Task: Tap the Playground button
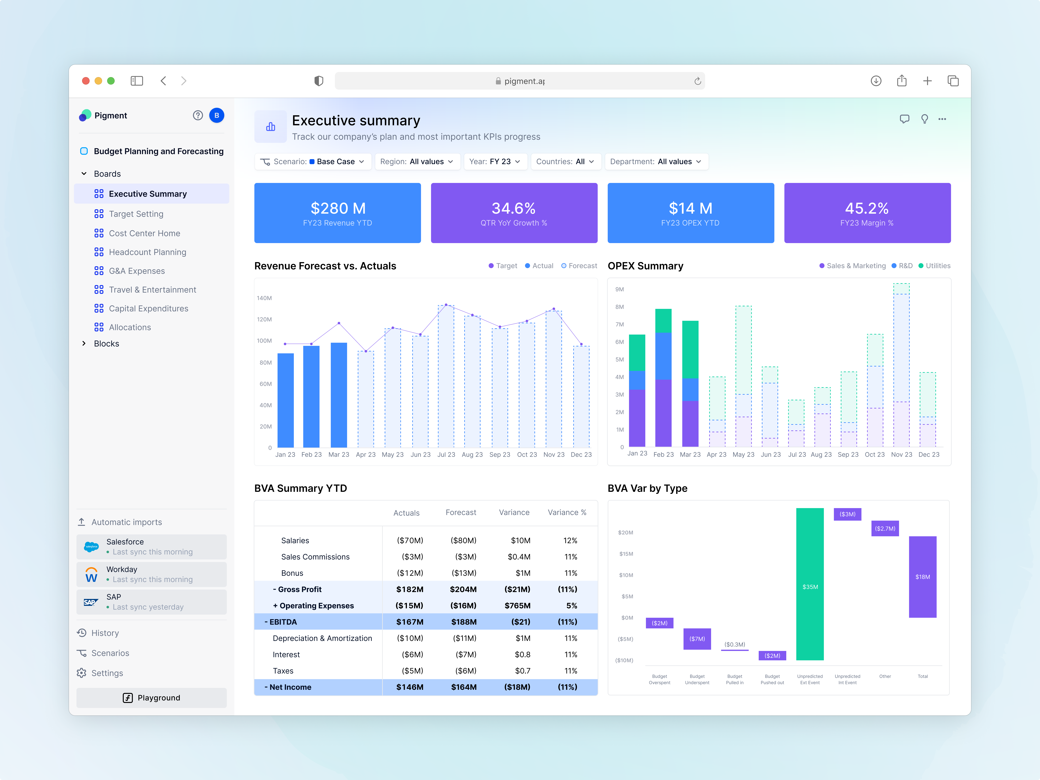(x=151, y=698)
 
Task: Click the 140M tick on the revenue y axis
(x=264, y=298)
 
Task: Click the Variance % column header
(x=567, y=512)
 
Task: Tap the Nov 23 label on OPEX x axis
(x=901, y=455)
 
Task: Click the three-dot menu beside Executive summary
(x=942, y=119)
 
